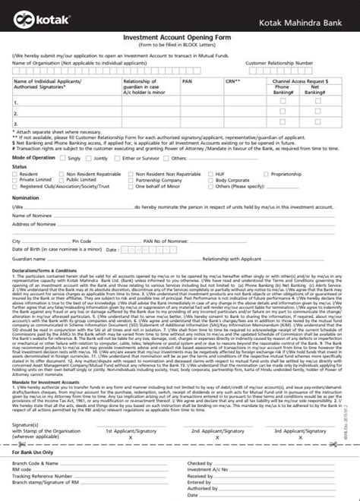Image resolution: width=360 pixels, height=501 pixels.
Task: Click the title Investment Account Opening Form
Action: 179,36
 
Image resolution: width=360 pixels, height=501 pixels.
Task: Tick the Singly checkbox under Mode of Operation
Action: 63,159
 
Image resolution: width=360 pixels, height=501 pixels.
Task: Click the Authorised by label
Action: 203,488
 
